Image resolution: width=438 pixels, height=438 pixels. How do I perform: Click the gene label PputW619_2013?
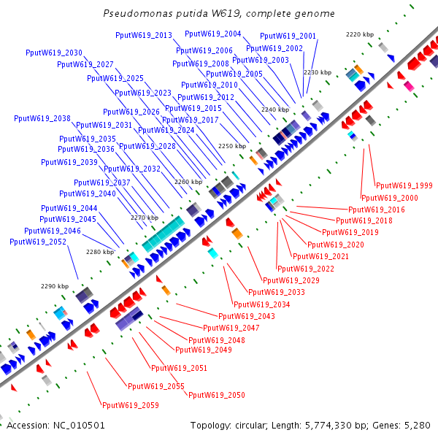tap(144, 35)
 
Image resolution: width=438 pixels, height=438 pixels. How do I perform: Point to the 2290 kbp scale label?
tap(54, 286)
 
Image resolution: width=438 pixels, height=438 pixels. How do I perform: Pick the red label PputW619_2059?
tap(130, 405)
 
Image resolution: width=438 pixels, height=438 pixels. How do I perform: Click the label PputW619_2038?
tap(42, 118)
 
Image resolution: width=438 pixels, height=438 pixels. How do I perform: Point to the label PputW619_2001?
tap(288, 36)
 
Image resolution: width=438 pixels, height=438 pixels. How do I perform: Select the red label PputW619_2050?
tap(217, 395)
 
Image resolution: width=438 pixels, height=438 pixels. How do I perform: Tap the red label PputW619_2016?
tap(377, 210)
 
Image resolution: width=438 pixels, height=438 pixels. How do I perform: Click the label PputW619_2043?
tap(247, 316)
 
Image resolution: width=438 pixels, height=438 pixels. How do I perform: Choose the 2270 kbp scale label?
tap(145, 218)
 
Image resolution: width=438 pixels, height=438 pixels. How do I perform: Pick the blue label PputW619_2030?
tap(53, 53)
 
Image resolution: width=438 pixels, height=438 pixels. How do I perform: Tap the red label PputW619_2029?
tap(291, 280)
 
